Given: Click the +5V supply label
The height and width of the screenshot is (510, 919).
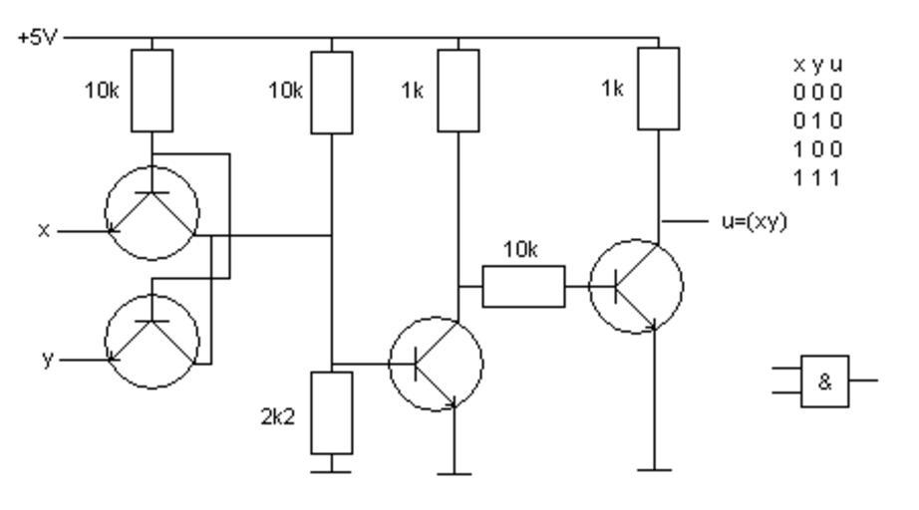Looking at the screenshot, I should point(37,39).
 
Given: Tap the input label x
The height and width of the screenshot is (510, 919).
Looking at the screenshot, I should point(43,230).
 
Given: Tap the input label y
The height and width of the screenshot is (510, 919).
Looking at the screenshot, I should point(45,358).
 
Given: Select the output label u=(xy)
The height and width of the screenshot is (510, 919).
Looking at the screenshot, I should point(755,221).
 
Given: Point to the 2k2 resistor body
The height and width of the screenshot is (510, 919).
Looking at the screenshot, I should point(332,412).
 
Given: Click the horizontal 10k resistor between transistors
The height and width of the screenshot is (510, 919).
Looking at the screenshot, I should point(523,287).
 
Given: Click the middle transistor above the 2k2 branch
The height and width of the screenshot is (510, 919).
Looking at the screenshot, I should point(436,365).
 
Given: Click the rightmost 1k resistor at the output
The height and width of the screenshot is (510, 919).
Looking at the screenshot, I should point(658,88).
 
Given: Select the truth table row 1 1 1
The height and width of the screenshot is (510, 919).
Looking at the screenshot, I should point(817,178).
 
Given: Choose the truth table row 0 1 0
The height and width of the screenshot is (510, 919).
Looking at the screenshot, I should point(817,122).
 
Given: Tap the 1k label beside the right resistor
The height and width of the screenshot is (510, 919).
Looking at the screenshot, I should point(613,90).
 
